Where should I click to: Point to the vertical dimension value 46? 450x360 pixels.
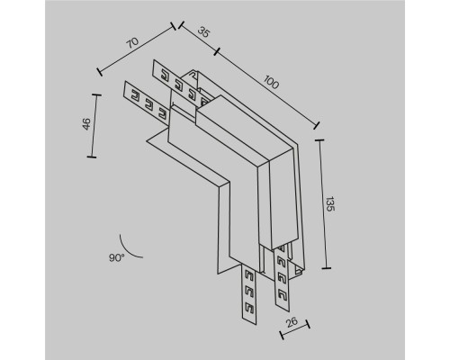(84, 125)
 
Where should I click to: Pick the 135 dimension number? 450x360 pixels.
(331, 203)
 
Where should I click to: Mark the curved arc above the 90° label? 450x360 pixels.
(127, 238)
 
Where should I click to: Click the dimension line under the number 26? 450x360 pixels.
(296, 332)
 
